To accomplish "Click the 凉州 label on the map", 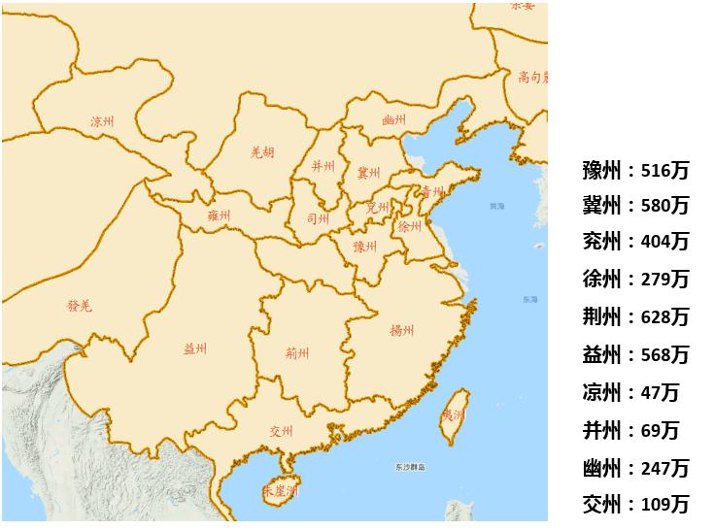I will pos(102,122).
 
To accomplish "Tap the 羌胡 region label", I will pos(262,152).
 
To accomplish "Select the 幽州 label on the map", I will pos(393,120).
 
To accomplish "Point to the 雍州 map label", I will pos(219,215).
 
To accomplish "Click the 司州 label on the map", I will pos(318,218).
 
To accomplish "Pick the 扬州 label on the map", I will pos(402,329).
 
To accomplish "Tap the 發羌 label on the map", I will pos(79,307).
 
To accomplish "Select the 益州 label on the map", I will pos(195,349).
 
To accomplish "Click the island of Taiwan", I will pos(455,413).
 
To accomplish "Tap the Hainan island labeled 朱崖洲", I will pos(280,490).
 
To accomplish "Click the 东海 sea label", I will pos(527,299).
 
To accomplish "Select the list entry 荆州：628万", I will pos(635,316).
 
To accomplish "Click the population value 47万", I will pos(661,392).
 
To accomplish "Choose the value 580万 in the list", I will pos(665,206).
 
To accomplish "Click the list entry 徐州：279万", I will pos(635,280).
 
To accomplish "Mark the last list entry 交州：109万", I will pos(635,504).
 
